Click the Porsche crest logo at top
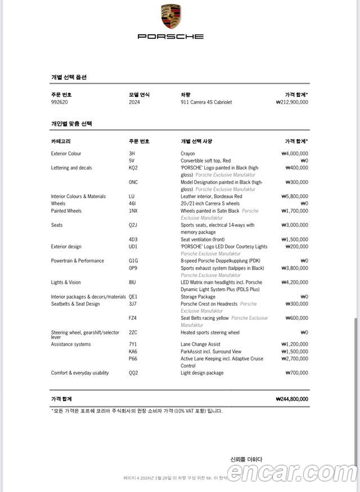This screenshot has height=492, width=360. click(x=170, y=16)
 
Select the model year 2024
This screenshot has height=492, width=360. click(x=134, y=102)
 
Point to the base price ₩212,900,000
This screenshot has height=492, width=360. click(x=292, y=102)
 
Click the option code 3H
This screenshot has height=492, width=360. click(x=132, y=154)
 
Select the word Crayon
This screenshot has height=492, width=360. click(x=188, y=154)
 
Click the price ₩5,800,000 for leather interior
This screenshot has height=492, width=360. click(x=294, y=196)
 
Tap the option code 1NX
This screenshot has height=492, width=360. click(x=133, y=211)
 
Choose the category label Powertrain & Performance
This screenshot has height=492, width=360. click(x=78, y=261)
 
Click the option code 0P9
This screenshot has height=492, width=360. click(x=133, y=268)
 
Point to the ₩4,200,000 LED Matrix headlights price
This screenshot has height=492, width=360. click(x=294, y=283)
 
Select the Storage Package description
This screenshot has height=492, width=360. click(x=198, y=297)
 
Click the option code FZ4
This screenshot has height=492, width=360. click(x=133, y=318)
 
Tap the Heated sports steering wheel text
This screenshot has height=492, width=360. click(x=210, y=333)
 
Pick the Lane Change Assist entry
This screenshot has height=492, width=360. click(x=200, y=344)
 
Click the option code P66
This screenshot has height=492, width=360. click(x=133, y=359)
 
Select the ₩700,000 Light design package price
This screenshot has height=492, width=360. click(x=296, y=373)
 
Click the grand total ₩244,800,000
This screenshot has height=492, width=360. click(x=292, y=399)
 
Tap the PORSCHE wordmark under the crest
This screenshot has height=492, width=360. click(x=170, y=37)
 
